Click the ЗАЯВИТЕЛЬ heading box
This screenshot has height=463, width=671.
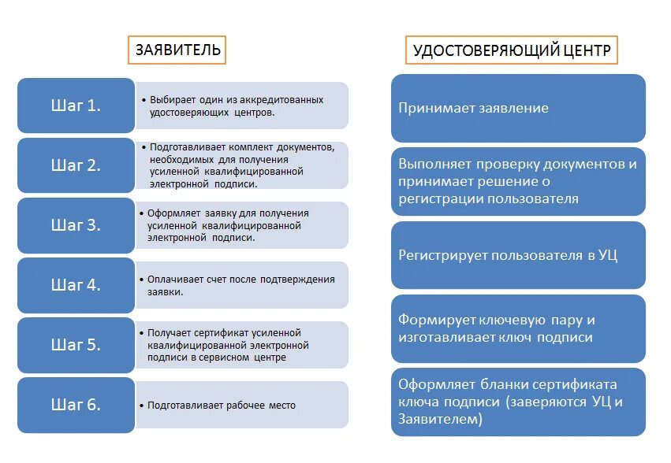point(177,50)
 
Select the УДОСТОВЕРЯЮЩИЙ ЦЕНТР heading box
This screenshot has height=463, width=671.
point(511,52)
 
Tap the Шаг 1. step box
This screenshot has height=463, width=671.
point(76,105)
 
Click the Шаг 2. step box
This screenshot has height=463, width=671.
point(76,165)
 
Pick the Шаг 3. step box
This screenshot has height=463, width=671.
point(76,224)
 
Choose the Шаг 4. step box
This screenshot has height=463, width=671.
point(76,284)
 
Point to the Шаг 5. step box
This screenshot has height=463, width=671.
point(76,344)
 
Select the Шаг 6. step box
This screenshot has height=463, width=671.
point(76,405)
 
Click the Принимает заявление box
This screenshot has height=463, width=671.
point(518,108)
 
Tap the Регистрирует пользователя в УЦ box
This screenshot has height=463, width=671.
point(518,255)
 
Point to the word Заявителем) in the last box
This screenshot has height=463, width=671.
point(440,420)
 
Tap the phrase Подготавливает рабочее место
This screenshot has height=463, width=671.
point(222,406)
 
